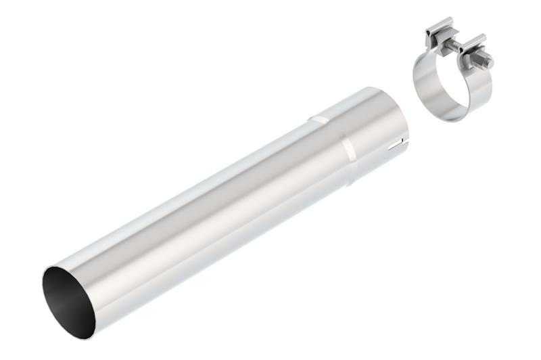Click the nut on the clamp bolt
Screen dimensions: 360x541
(x=477, y=58)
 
